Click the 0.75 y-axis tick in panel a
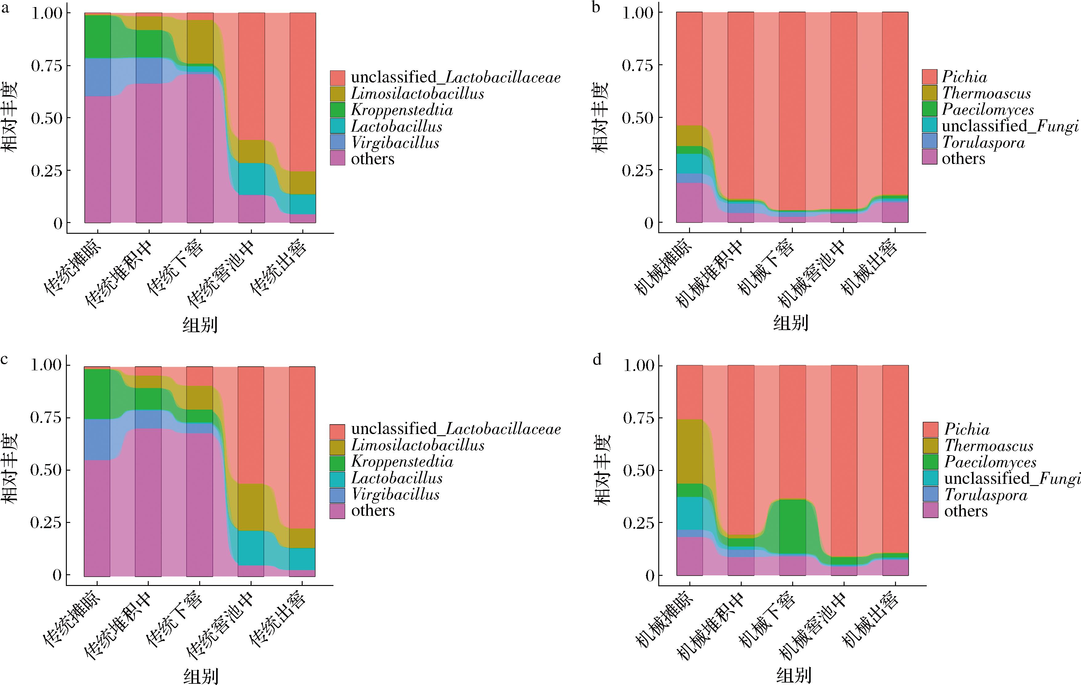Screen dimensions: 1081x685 47,66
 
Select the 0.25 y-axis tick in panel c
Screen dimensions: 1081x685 46,523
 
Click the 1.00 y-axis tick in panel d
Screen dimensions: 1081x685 639,365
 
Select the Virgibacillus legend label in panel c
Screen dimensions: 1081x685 395,494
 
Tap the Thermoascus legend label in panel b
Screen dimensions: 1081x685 986,93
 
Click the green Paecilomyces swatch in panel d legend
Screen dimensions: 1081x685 931,462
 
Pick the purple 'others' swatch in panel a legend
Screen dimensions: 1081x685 337,158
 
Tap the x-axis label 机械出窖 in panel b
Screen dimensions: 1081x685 869,268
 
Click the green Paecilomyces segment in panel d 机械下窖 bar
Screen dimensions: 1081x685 792,527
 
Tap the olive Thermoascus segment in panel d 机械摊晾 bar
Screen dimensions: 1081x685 690,451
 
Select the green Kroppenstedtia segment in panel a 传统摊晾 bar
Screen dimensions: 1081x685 97,37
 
